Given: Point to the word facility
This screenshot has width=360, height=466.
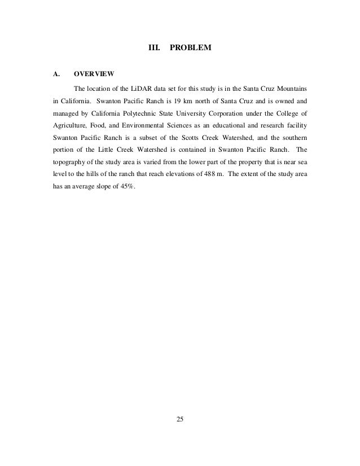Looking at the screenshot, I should [295, 129].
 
